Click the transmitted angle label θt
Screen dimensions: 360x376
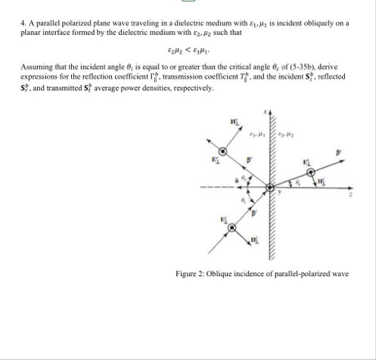tap(297, 182)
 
